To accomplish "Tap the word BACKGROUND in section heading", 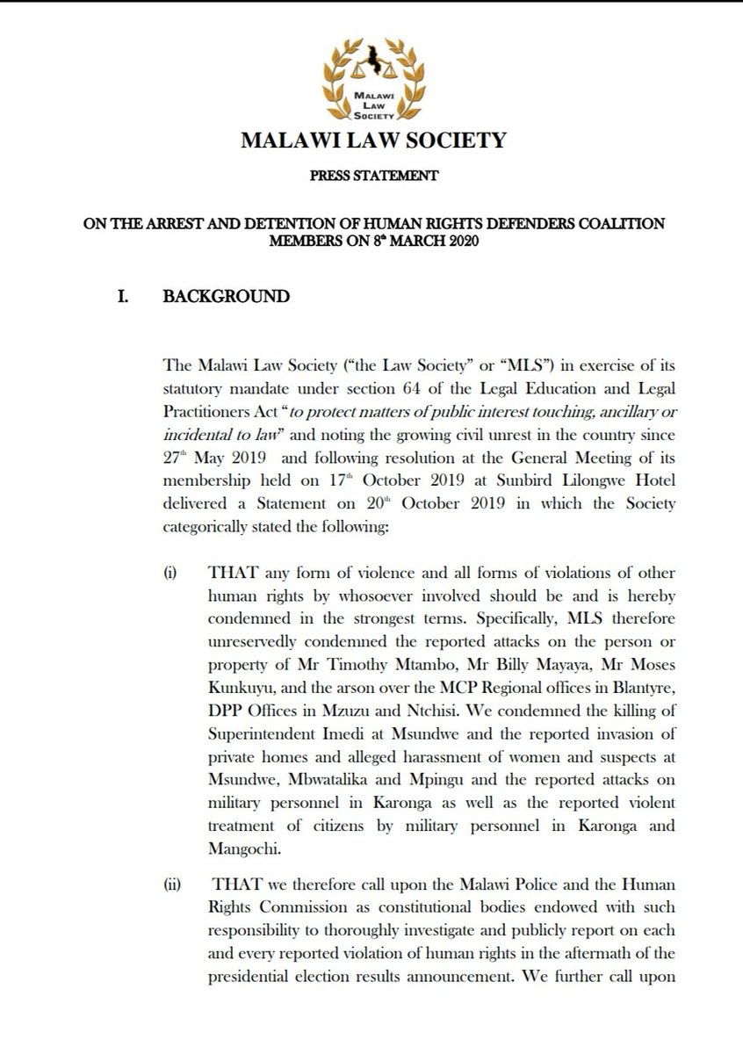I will pos(227,296).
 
